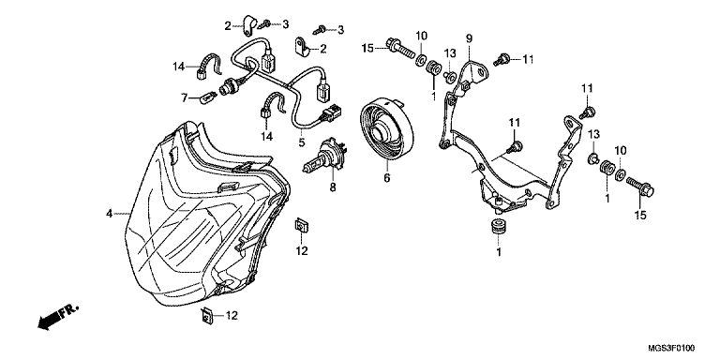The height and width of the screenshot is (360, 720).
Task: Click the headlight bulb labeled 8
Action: coord(324,157)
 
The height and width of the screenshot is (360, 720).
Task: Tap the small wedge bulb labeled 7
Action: coord(209,97)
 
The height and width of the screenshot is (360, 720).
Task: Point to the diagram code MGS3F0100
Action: coord(671,347)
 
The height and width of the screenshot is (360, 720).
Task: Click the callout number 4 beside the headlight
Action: coord(109,214)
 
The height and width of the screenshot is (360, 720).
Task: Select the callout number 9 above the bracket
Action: coord(469,38)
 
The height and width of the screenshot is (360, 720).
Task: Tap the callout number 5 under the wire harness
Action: coord(301,142)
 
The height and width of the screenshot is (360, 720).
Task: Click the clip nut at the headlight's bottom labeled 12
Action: coord(207,315)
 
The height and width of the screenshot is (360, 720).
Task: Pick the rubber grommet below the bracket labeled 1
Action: coord(498,228)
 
